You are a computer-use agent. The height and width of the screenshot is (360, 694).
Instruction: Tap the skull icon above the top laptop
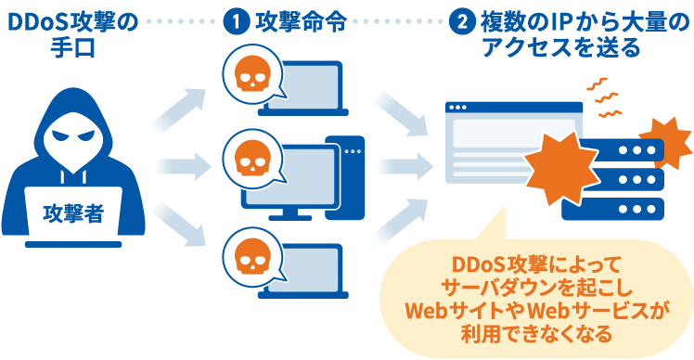point(250,73)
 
